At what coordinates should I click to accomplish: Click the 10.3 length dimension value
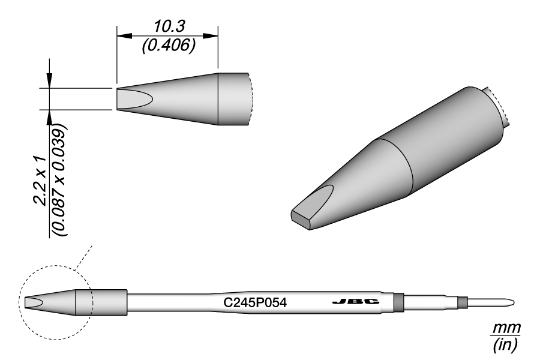[x=169, y=26]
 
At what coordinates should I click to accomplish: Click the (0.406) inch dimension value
[x=169, y=46]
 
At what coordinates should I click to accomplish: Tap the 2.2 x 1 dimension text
[x=40, y=181]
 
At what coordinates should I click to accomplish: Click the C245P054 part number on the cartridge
[x=255, y=303]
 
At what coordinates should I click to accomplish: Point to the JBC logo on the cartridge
[x=356, y=302]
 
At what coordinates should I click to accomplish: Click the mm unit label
[x=506, y=328]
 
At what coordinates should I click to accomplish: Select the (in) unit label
[x=505, y=344]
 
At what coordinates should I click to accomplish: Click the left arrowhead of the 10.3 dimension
[x=124, y=36]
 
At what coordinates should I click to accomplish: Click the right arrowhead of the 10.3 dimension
[x=211, y=36]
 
